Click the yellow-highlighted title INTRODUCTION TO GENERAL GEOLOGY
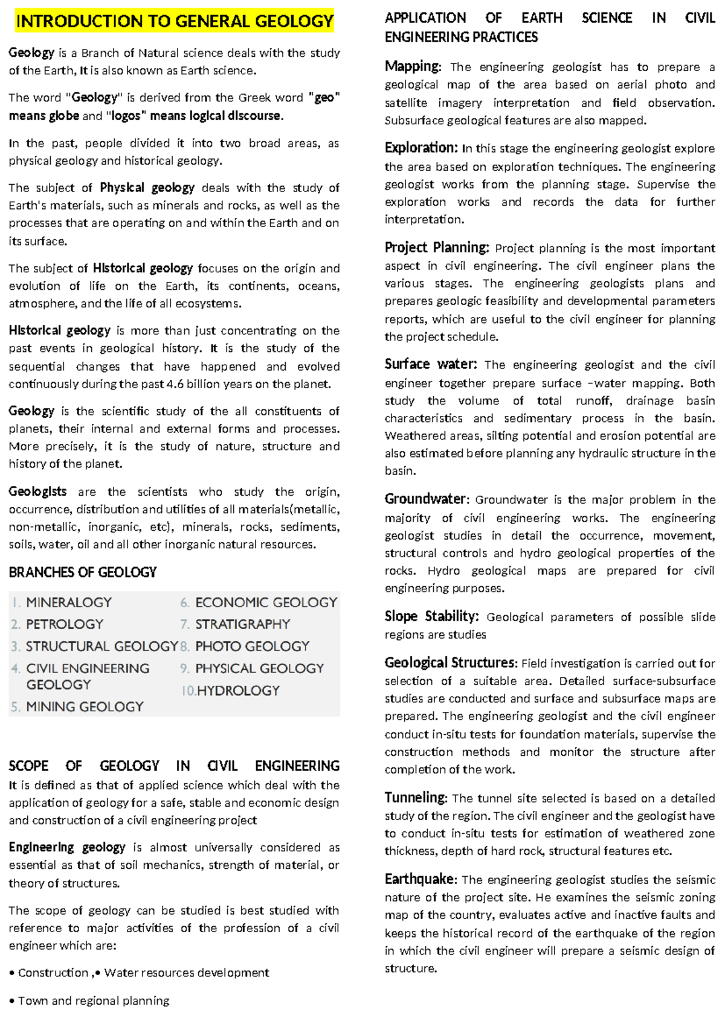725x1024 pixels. coord(175,22)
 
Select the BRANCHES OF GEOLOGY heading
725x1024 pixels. coord(83,572)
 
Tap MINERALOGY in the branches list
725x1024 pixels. coord(69,603)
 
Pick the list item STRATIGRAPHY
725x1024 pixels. coord(242,624)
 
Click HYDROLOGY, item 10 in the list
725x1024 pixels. coord(238,691)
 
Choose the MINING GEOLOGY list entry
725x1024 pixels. coord(85,707)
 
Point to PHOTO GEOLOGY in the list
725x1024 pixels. coord(252,647)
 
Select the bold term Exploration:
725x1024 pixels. coord(421,148)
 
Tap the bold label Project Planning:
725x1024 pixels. coord(437,248)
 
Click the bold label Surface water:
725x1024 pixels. coord(431,364)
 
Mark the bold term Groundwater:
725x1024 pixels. coord(427,499)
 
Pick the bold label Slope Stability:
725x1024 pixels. coord(431,616)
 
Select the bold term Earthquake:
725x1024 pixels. coord(421,879)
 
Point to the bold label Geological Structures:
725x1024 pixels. coord(451,663)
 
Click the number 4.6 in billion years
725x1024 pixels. coord(174,384)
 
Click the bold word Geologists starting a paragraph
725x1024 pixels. coord(37,491)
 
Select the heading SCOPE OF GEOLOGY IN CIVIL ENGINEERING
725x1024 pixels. coord(174,766)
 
